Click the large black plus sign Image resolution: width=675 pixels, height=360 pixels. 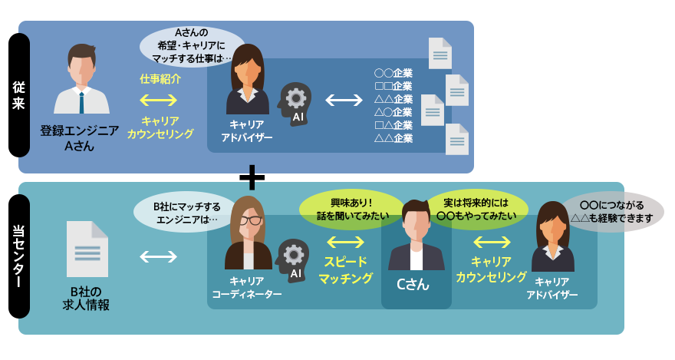(252, 177)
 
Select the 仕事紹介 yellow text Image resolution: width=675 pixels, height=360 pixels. (160, 79)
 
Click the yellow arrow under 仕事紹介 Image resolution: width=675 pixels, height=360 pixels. (160, 100)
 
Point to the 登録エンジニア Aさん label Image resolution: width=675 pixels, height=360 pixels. (80, 137)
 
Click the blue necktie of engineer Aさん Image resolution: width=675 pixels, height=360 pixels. (81, 101)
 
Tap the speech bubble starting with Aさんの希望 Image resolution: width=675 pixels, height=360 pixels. (193, 45)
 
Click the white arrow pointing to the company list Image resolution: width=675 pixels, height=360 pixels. (344, 100)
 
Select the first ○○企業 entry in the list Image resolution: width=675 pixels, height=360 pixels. (393, 74)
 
